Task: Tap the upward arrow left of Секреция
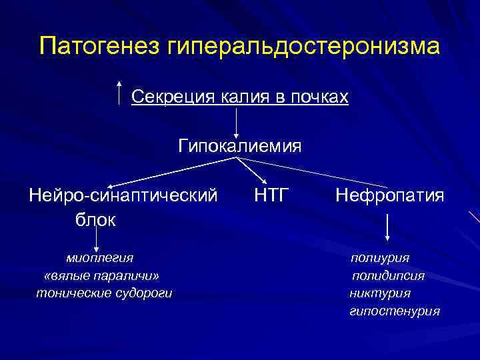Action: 119,93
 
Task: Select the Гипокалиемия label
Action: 239,145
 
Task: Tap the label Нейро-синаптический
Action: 123,195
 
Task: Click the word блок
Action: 95,219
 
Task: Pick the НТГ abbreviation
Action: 271,195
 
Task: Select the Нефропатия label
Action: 390,195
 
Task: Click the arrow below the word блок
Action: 98,239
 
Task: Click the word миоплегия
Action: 99,257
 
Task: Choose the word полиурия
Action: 381,257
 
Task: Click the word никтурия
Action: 380,293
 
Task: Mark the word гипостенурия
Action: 395,311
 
